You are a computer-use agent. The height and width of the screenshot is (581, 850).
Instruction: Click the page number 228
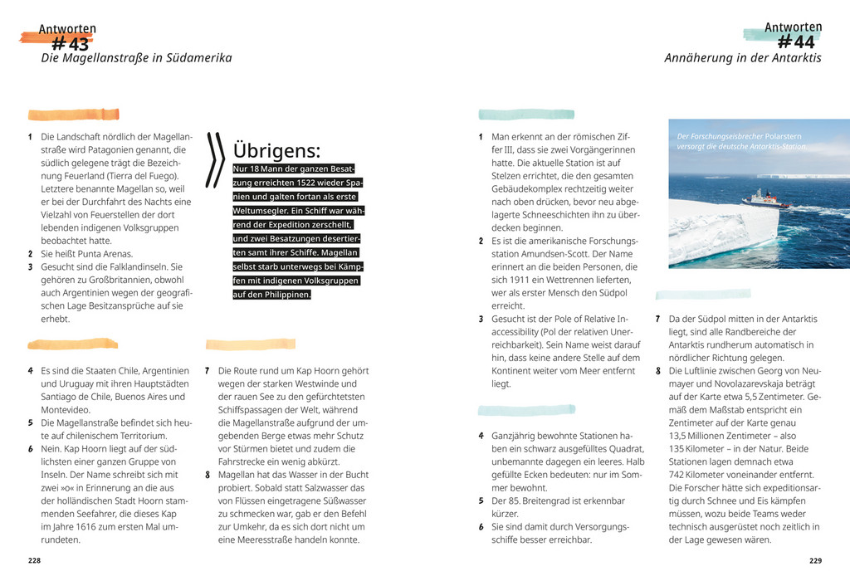34,560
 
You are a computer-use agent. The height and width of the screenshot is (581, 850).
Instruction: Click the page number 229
815,560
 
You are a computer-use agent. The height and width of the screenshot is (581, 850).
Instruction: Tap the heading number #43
70,44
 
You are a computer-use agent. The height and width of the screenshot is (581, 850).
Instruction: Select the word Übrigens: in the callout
276,151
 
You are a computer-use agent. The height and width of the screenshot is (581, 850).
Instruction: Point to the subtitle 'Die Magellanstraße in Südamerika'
136,58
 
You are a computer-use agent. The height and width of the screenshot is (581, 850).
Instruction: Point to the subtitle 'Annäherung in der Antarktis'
743,58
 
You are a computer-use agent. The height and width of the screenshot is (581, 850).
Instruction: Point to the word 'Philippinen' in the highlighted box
283,295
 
